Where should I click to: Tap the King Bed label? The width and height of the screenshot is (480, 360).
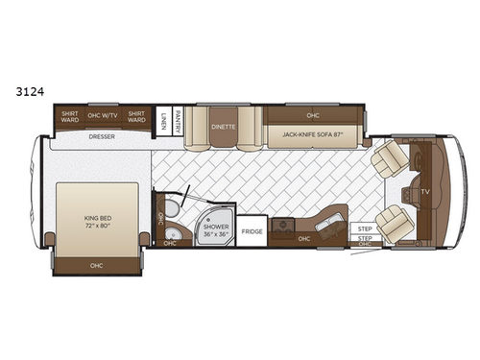point(98,224)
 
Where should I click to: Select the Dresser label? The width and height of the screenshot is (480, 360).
point(103,137)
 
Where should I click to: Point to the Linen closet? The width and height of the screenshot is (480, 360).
point(164,119)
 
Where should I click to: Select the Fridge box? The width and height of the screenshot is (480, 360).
point(252,231)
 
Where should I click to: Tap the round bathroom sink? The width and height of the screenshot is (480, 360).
point(172,233)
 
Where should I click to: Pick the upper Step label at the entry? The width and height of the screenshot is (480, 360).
point(365,228)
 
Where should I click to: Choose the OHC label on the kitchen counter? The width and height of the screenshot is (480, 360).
point(304,238)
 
